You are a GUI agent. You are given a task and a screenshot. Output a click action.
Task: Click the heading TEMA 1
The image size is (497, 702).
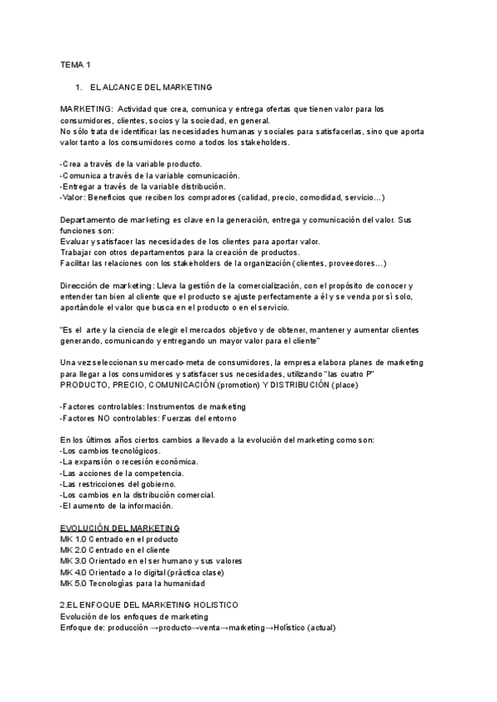pos(75,65)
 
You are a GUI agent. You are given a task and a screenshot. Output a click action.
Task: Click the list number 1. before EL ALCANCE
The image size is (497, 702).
pos(78,86)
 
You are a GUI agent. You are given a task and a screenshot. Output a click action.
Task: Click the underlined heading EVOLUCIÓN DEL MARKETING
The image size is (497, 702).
pos(120,528)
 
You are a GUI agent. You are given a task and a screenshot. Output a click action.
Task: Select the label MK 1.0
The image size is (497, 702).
pos(73,539)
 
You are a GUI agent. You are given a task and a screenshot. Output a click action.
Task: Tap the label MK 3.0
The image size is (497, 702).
pos(73,561)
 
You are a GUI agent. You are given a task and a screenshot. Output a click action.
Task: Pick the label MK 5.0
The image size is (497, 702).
pos(73,584)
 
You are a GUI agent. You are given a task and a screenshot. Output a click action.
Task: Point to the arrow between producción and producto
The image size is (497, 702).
pos(153,627)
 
